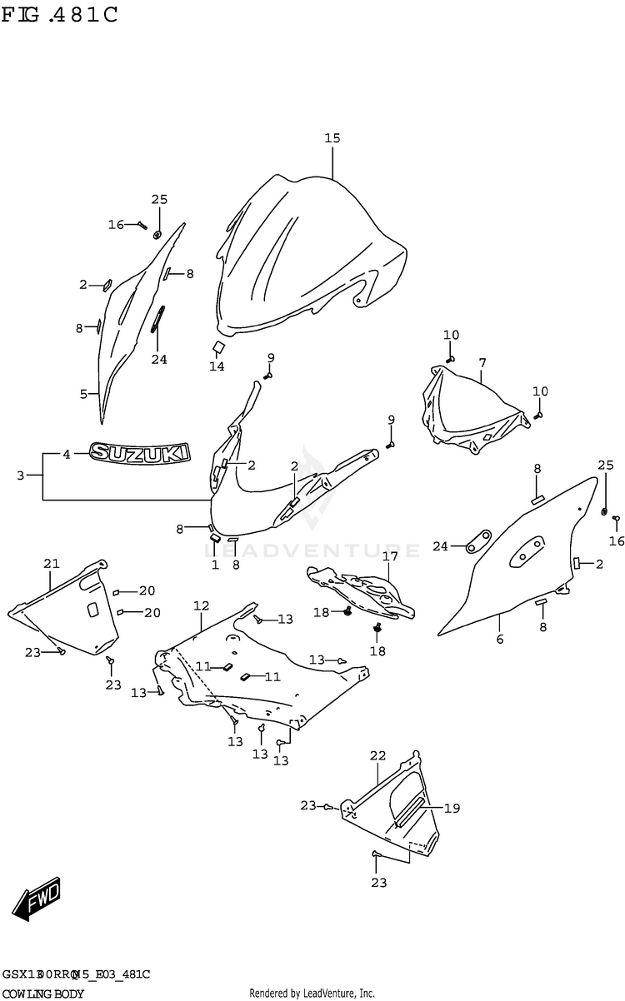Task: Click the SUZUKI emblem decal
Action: coord(140,453)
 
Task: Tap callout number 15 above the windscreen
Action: coord(332,139)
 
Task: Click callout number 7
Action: coord(482,363)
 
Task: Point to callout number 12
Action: coord(201,605)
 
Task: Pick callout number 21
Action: coord(52,565)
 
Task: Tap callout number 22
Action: coord(378,755)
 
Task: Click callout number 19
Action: coord(452,808)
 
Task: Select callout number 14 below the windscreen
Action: coord(217,366)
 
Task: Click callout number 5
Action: coord(83,393)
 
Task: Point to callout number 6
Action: coord(500,640)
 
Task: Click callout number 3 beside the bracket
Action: coord(20,476)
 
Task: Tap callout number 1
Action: coord(214,565)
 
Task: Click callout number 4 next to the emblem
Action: coord(67,454)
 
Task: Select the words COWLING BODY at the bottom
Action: coord(42,994)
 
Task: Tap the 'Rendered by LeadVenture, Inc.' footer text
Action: coord(312,994)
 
